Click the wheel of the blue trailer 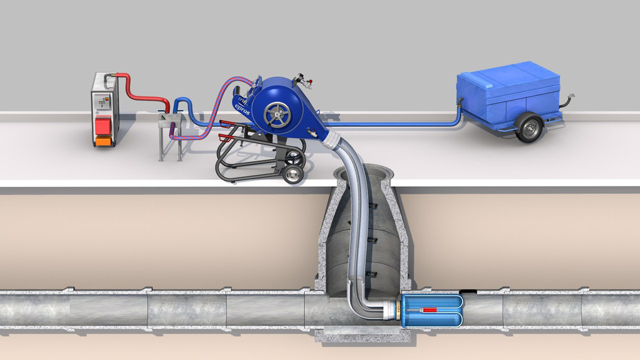529,127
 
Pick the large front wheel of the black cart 292,174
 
